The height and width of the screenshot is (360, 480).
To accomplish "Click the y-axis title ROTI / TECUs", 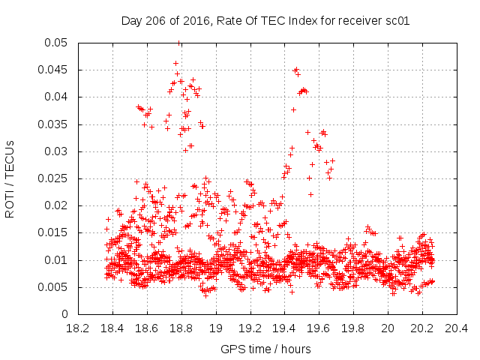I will (x=10, y=178).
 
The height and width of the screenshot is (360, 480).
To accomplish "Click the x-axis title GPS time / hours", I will (x=265, y=349).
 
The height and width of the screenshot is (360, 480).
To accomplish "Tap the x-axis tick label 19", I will (x=216, y=328).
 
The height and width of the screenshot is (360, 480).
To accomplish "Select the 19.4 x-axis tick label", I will (x=285, y=328).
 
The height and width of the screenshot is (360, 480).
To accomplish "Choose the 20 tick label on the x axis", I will (x=388, y=328).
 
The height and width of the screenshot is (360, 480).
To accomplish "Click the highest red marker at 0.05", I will (x=178, y=43).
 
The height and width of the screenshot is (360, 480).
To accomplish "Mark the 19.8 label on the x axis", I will (x=353, y=328).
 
